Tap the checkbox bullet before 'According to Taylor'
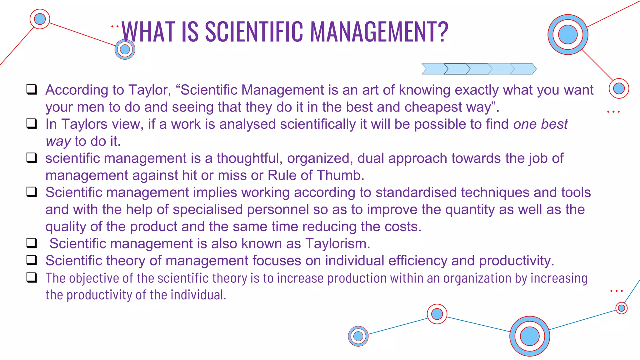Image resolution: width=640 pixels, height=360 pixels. click(32, 89)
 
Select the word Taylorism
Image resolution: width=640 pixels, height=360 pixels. click(337, 243)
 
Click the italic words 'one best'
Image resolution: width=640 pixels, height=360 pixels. click(540, 124)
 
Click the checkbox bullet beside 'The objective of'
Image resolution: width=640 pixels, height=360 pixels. click(32, 277)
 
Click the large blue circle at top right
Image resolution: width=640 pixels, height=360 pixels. click(567, 34)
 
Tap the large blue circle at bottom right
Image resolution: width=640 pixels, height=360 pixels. click(530, 336)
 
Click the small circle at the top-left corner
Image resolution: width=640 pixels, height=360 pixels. click(40, 19)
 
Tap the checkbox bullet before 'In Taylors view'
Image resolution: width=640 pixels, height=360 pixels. click(32, 123)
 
